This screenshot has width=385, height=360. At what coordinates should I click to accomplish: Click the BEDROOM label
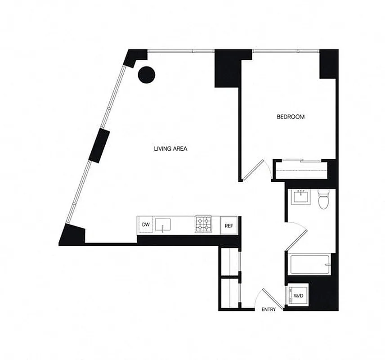[290, 117]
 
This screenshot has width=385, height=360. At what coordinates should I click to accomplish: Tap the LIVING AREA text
[170, 148]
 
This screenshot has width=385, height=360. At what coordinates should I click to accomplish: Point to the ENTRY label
[269, 310]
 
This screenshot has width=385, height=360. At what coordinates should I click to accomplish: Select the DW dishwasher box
[145, 225]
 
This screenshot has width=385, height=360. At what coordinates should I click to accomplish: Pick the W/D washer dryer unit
[298, 296]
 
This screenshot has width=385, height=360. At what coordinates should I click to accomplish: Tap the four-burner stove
[203, 225]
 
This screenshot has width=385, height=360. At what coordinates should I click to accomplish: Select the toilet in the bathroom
[323, 199]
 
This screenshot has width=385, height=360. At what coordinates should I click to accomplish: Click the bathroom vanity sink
[300, 197]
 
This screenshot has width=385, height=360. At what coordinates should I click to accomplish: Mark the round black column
[146, 74]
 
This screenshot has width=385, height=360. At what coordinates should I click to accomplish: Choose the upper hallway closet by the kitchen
[230, 260]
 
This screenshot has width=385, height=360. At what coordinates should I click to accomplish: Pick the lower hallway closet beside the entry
[230, 292]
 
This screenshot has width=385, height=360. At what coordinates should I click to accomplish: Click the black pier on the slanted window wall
[99, 145]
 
